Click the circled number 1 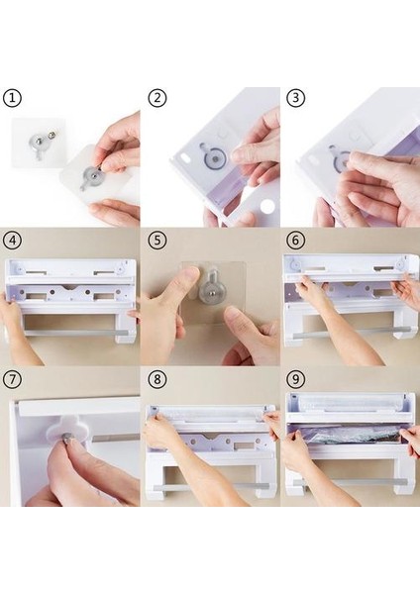12,98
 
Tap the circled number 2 157,98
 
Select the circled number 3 295,98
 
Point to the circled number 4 12,241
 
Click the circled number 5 157,241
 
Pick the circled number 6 295,241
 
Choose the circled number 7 12,379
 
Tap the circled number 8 157,379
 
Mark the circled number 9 295,379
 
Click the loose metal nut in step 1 52,135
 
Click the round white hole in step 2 267,206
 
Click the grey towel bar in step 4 76,333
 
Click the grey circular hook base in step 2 215,158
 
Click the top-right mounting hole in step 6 400,264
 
